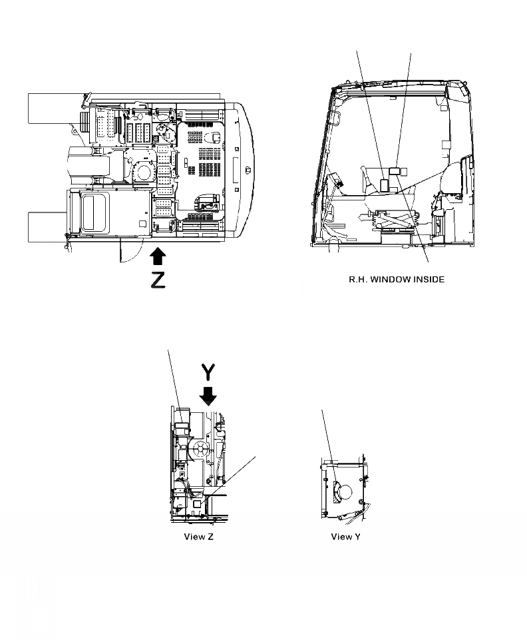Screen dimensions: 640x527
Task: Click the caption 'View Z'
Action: [198, 536]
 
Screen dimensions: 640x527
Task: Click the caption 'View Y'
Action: [345, 536]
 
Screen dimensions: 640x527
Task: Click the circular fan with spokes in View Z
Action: [200, 450]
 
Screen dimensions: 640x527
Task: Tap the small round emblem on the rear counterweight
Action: [248, 170]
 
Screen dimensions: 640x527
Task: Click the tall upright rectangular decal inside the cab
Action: [384, 186]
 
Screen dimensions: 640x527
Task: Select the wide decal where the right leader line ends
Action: [395, 170]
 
